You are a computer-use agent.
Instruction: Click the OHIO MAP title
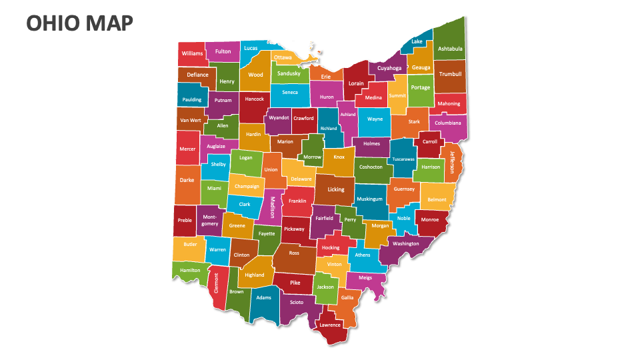coord(79,24)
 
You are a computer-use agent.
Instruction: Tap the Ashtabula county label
coord(450,49)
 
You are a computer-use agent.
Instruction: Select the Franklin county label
coord(297,201)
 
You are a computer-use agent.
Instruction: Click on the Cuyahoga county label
coord(389,68)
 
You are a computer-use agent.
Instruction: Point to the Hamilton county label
coord(190,270)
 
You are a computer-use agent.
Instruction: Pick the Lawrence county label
coord(330,325)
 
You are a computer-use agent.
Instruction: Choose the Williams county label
coord(192,53)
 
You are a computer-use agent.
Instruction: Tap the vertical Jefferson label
coord(451,161)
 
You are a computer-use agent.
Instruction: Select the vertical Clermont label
coord(216,283)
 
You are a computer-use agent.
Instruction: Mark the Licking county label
coord(336,189)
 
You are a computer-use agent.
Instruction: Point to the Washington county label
coord(406,244)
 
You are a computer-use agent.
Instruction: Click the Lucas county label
coord(251,48)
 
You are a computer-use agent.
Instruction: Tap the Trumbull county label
coord(451,74)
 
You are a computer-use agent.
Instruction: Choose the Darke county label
coord(187,180)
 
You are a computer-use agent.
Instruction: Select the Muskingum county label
coord(369,199)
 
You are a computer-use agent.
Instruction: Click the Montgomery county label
coord(209,221)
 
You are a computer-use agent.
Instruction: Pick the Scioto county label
coord(297,302)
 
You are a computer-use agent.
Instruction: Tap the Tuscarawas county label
coord(403,160)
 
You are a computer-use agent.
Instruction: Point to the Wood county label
coord(256,75)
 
